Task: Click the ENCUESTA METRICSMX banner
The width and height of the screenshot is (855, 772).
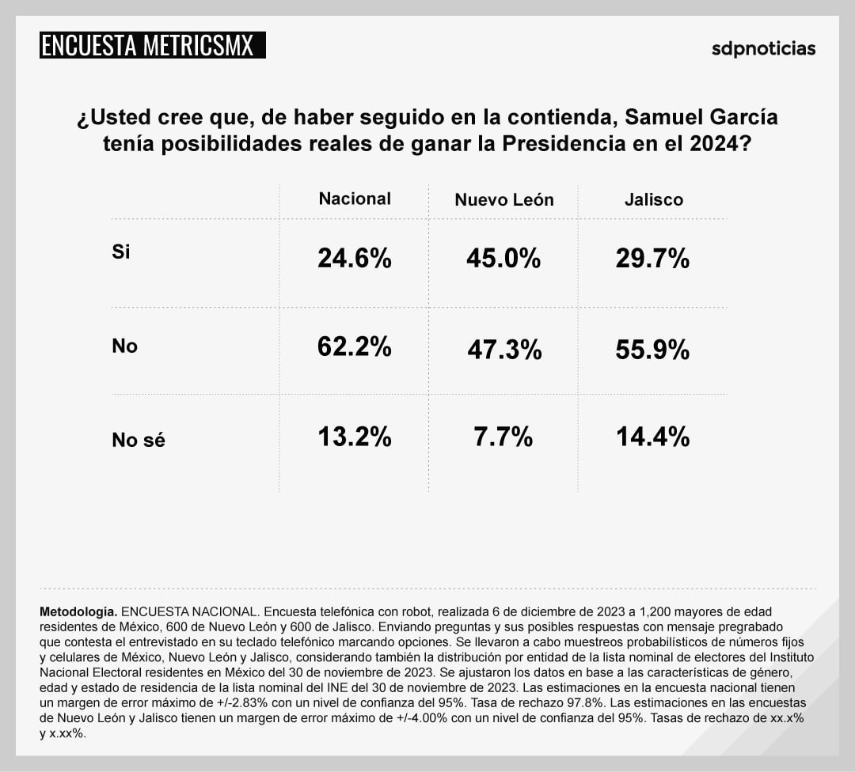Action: click(152, 45)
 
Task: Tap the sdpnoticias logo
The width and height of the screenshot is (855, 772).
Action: click(763, 48)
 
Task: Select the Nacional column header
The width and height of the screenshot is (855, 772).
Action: click(355, 199)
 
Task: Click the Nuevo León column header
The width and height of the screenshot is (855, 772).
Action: click(503, 200)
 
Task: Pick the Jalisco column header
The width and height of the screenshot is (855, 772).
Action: click(653, 199)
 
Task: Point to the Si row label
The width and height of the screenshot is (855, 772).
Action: click(121, 252)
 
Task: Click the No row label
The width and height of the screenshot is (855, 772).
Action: click(124, 346)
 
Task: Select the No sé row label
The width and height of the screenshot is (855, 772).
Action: click(139, 441)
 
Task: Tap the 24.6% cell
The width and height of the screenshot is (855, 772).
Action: click(354, 258)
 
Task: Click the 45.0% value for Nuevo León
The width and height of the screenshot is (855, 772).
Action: click(503, 258)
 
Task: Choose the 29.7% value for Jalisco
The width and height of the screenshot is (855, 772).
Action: click(652, 258)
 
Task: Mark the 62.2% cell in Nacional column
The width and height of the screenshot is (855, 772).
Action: click(354, 346)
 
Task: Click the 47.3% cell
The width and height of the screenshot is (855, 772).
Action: click(503, 350)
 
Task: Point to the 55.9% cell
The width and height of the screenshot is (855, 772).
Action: click(652, 350)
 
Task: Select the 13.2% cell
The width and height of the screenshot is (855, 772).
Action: click(354, 436)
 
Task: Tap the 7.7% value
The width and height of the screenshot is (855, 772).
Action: click(503, 436)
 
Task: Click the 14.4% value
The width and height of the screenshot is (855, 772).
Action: click(652, 436)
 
